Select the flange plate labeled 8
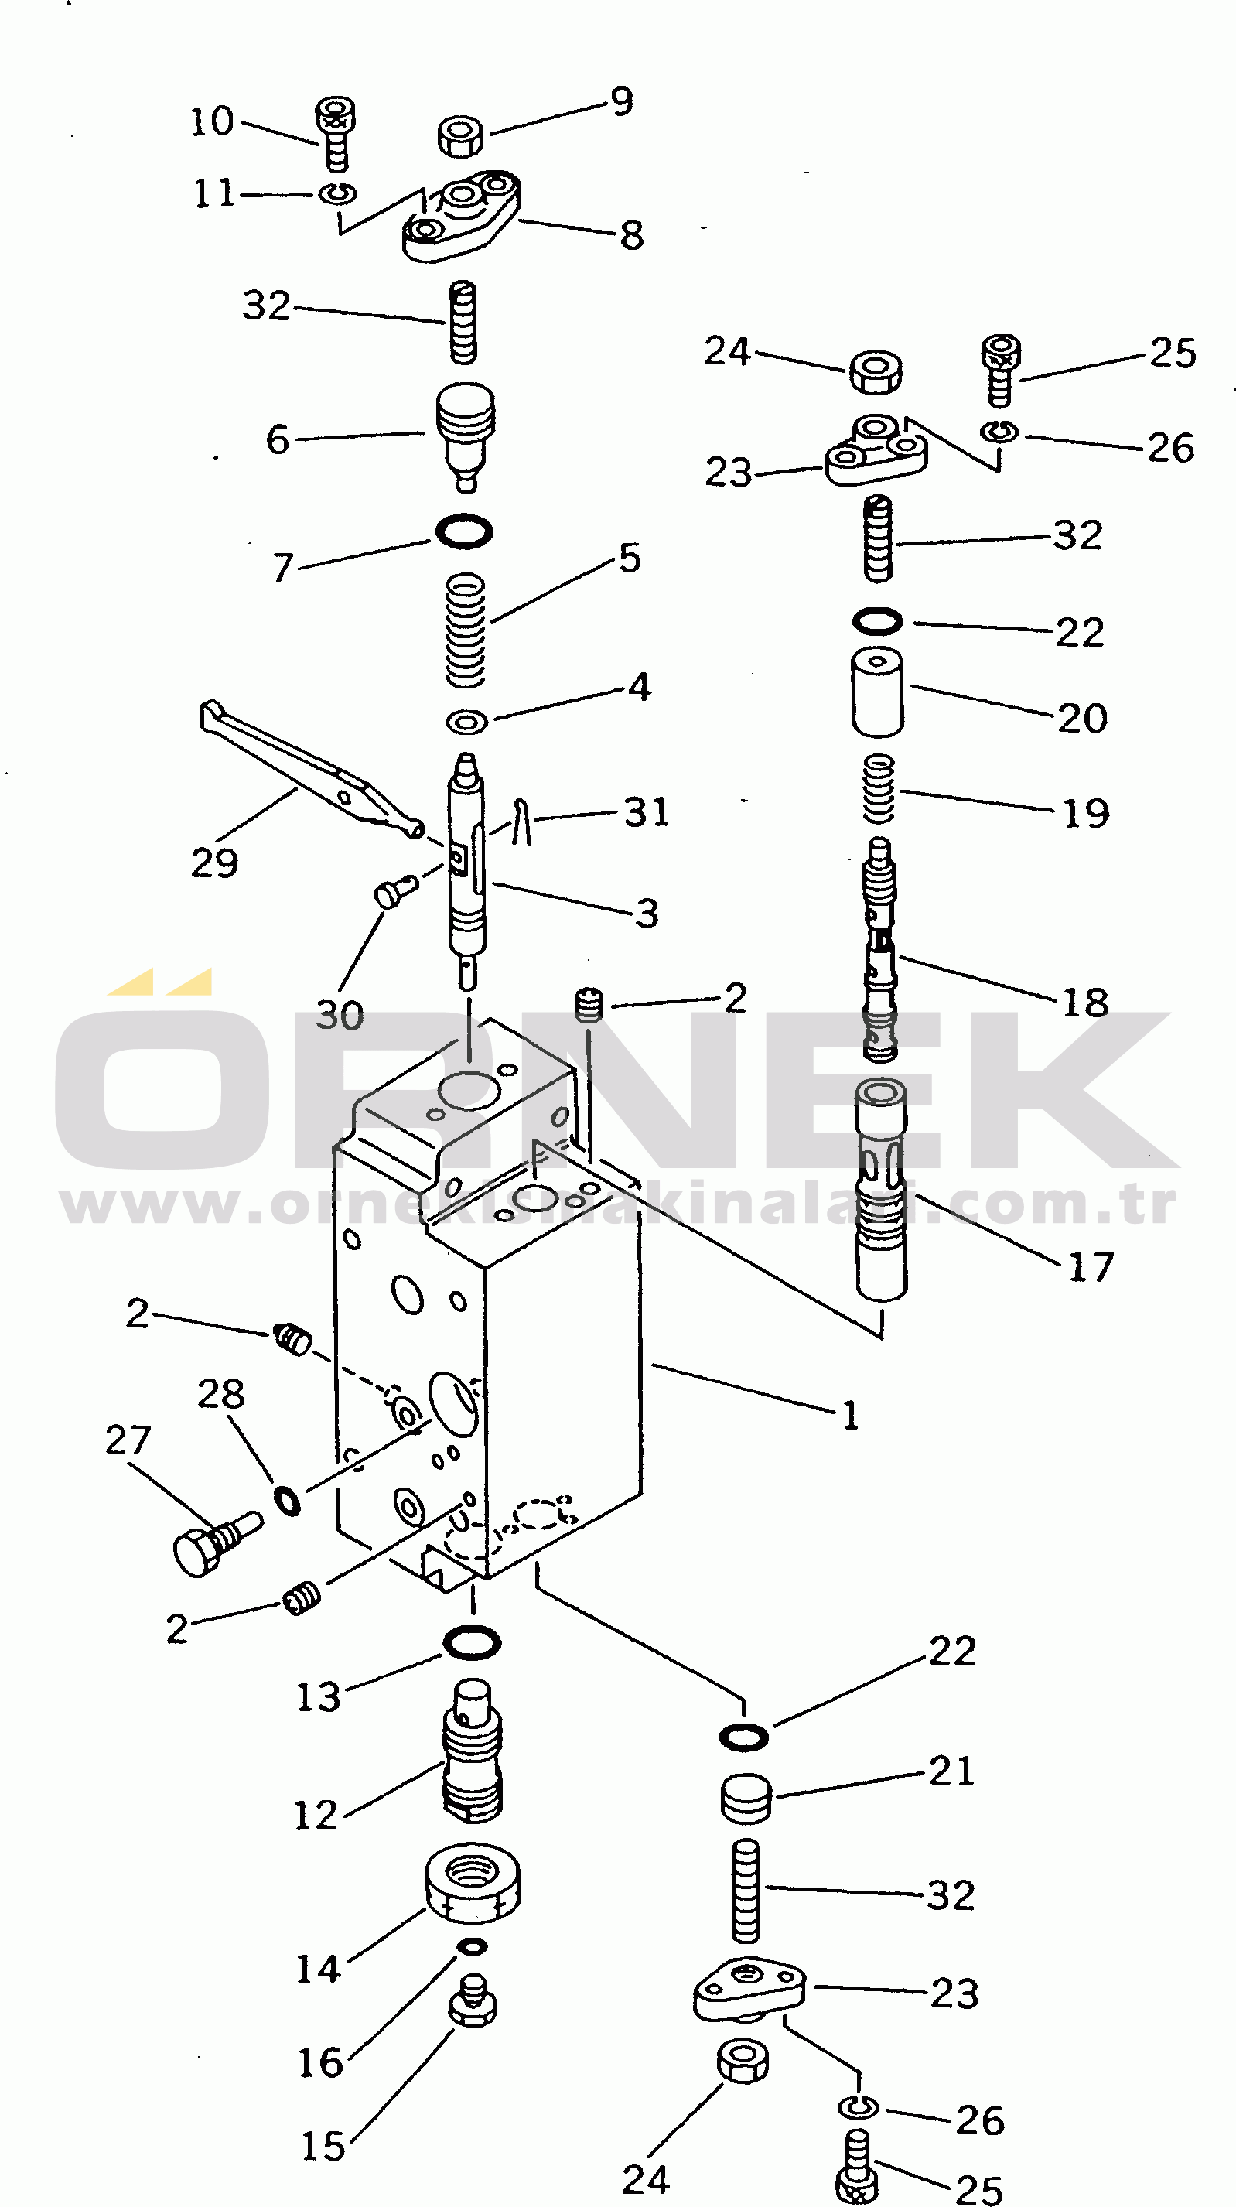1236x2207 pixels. point(462,217)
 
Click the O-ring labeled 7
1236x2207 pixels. point(463,531)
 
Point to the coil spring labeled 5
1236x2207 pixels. point(466,630)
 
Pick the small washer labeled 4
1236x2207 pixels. point(467,722)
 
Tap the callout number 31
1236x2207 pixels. point(646,812)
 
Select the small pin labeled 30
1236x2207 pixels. point(393,892)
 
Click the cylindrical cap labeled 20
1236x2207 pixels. point(876,692)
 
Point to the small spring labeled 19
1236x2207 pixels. point(879,788)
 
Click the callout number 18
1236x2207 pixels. point(1085,1002)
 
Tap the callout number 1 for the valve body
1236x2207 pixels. point(850,1415)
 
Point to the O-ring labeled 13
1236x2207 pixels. point(472,1642)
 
